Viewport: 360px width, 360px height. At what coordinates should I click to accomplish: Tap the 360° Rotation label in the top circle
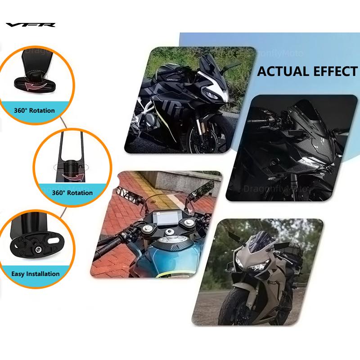[x=35, y=110]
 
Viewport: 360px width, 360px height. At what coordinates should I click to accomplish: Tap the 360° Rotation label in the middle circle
[x=72, y=193]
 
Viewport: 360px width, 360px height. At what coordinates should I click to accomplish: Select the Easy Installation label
[x=36, y=274]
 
